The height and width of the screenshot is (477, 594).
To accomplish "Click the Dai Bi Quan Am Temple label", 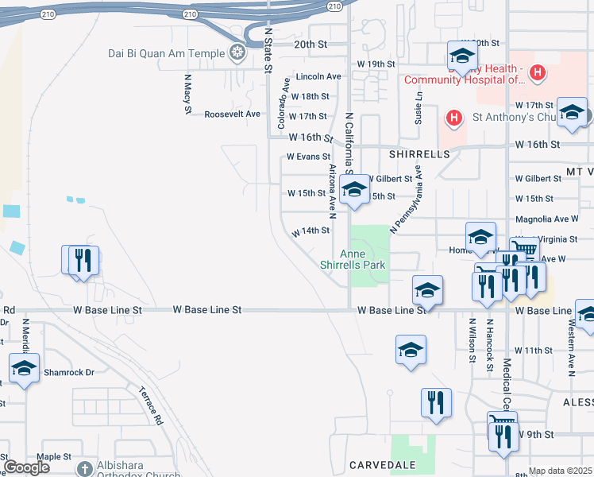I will (167, 54).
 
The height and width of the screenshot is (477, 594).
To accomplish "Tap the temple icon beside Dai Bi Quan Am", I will (236, 54).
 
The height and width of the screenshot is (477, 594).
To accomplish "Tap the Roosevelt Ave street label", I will (233, 114).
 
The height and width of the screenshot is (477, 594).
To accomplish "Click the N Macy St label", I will (188, 94).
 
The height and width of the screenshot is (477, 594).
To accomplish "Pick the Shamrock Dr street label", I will (68, 372).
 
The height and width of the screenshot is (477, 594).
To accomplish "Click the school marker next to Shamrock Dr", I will (24, 367).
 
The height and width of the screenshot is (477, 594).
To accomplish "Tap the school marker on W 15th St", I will (354, 189).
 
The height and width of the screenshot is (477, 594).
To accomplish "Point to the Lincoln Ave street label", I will (318, 76).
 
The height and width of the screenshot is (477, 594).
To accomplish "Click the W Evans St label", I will (307, 157).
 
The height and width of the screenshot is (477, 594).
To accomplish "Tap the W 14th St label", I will (310, 231).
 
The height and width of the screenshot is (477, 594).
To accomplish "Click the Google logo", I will (27, 467).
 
